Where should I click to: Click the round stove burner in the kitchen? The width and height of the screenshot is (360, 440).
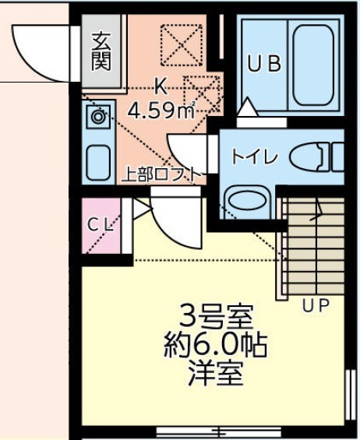tap(97, 118)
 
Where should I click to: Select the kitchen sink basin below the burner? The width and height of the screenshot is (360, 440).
tap(98, 162)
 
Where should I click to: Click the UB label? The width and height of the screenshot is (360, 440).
tap(264, 65)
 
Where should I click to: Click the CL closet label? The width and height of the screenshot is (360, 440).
tap(102, 225)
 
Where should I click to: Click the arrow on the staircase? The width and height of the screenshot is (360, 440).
tap(319, 206)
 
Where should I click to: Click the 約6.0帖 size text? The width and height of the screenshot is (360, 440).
tap(216, 345)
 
